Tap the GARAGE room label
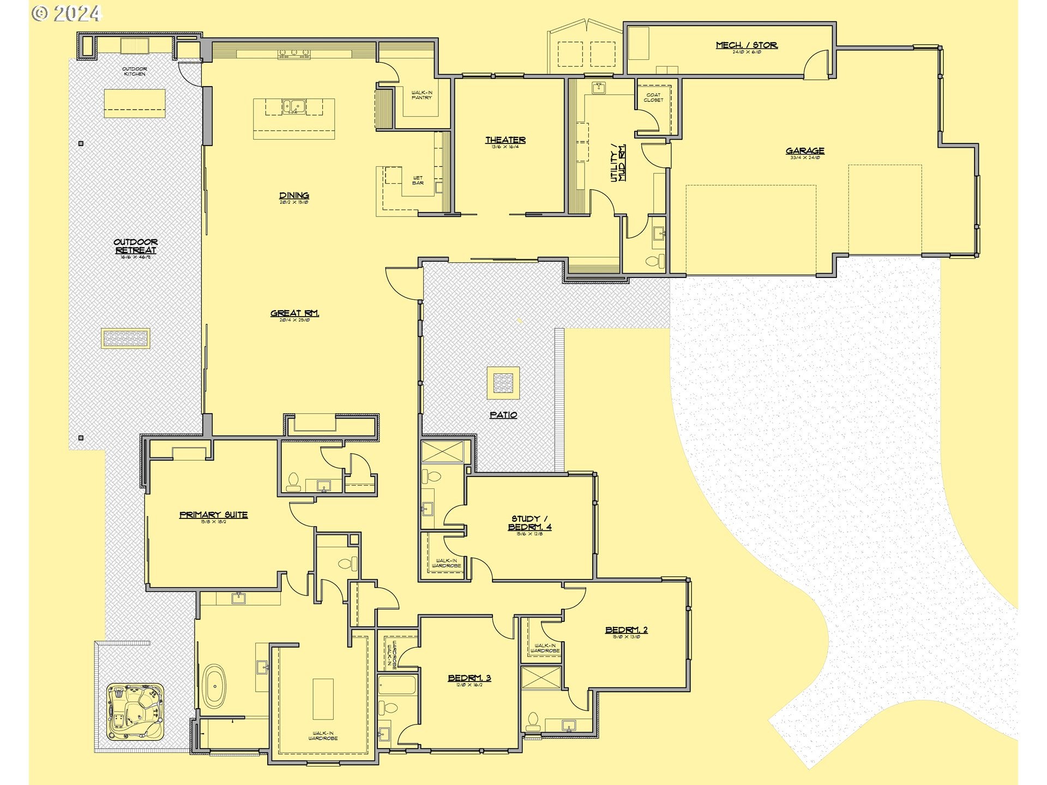click(x=805, y=151)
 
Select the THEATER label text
click(x=506, y=140)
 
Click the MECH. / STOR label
click(x=747, y=45)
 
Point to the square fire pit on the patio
click(x=503, y=383)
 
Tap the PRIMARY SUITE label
click(x=213, y=515)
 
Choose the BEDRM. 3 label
click(x=470, y=678)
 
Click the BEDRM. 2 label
click(x=626, y=630)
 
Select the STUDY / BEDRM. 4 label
click(x=529, y=523)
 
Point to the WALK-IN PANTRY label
click(x=421, y=95)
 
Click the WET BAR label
click(x=418, y=180)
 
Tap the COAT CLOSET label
click(x=653, y=97)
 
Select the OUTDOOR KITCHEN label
click(x=135, y=71)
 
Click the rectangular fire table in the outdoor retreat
click(x=125, y=339)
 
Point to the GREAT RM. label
click(x=294, y=313)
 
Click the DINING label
click(x=294, y=196)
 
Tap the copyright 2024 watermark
click(x=67, y=13)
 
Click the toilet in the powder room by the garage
click(x=656, y=261)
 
